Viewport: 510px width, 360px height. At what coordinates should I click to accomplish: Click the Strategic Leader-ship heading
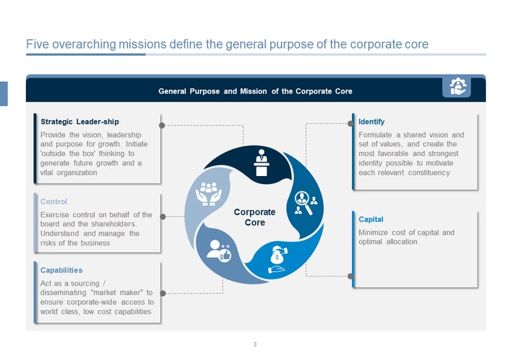click(x=80, y=122)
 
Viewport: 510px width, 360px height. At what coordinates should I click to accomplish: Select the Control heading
click(x=54, y=201)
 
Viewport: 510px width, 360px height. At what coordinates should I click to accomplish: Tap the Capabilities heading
click(x=61, y=270)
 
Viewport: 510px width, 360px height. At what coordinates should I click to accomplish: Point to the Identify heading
click(x=371, y=122)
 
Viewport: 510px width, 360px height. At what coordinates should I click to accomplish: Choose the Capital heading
click(x=371, y=219)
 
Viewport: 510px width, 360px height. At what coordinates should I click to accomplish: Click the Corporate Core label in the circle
click(x=254, y=217)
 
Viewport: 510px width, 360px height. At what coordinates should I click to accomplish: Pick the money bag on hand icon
click(x=277, y=260)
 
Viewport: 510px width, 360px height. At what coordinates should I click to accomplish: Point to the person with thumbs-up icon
click(x=218, y=250)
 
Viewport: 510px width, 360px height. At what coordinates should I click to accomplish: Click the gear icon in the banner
click(x=458, y=86)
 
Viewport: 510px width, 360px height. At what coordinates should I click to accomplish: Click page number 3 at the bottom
click(x=255, y=344)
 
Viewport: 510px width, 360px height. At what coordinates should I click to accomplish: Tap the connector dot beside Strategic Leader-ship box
click(x=161, y=124)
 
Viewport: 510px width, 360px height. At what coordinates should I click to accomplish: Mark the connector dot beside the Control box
click(x=162, y=216)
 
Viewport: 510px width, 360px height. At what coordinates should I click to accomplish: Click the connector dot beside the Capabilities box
click(x=162, y=292)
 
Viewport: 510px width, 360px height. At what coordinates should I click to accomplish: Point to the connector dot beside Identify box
click(x=351, y=124)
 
